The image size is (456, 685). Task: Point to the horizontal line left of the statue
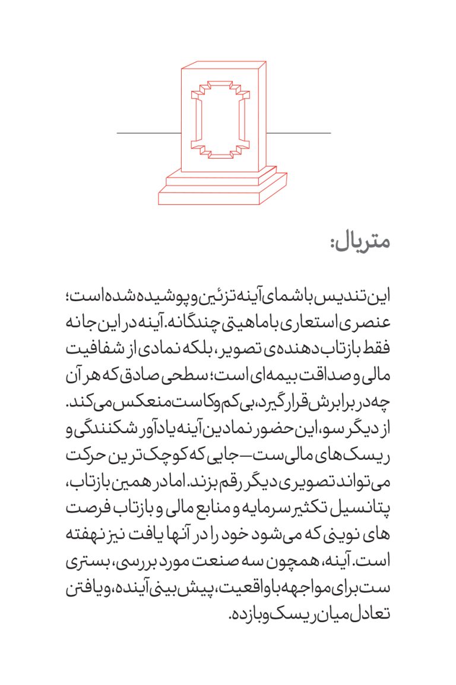click(148, 133)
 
